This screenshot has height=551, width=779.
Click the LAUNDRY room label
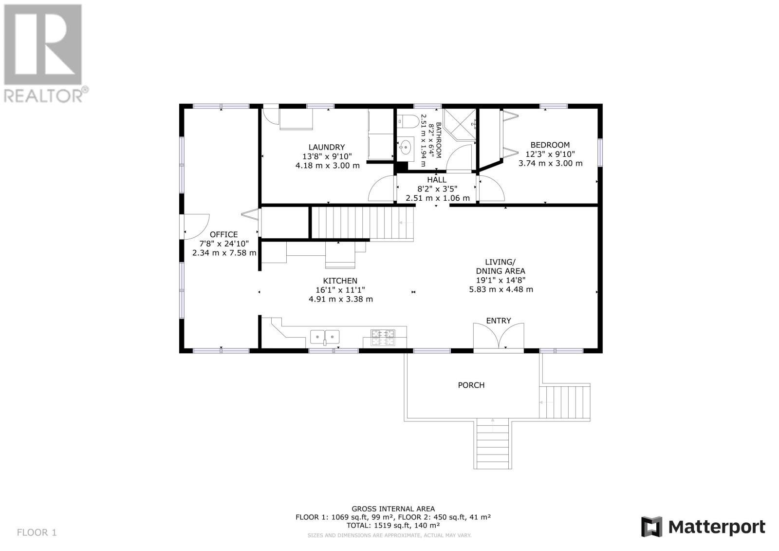(327, 147)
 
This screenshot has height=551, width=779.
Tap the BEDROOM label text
(550, 145)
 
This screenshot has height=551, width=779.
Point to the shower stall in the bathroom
(460, 125)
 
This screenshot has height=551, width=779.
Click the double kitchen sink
(325, 336)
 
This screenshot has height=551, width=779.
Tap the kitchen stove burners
(383, 337)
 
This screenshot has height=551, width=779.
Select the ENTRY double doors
(499, 336)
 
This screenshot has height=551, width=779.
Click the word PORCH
(471, 385)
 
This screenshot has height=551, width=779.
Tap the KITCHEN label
(340, 281)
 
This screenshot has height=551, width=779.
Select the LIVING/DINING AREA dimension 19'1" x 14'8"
(500, 280)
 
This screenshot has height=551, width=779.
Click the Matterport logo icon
(651, 527)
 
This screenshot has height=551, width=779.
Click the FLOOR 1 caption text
(37, 532)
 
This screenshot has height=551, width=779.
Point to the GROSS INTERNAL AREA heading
(393, 509)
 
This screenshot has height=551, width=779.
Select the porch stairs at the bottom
(493, 443)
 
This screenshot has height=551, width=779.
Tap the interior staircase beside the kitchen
(363, 223)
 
